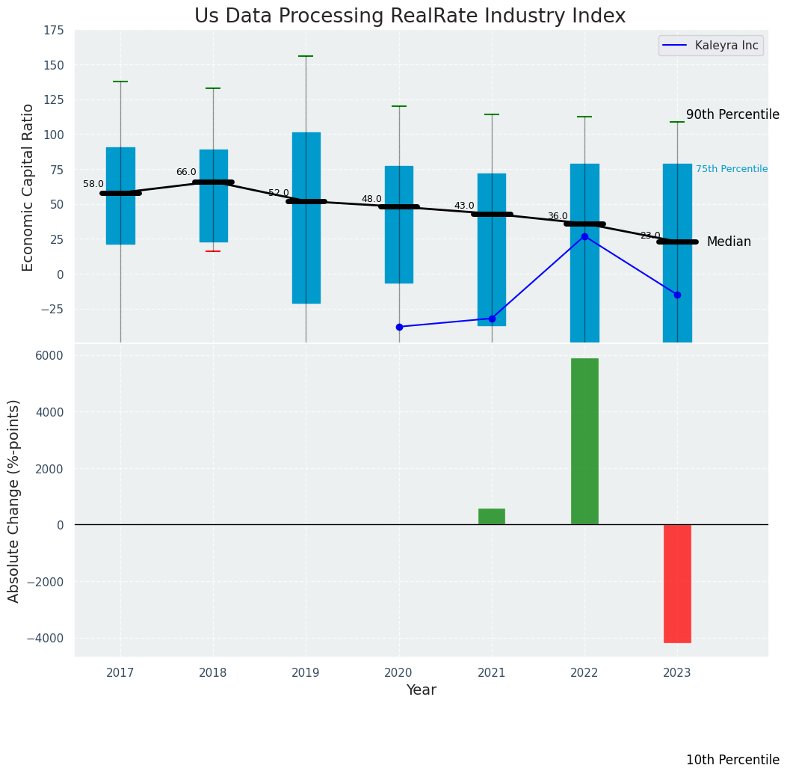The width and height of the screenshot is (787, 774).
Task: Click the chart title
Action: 410,16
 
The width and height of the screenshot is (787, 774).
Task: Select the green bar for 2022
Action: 584,441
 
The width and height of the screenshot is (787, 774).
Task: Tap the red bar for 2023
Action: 677,583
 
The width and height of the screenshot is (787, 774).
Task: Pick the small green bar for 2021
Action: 492,517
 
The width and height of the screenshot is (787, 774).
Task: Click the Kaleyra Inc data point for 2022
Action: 584,236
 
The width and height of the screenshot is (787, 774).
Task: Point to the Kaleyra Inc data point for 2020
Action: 399,327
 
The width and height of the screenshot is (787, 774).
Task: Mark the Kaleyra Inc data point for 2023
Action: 677,295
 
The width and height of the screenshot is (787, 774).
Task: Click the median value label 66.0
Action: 186,173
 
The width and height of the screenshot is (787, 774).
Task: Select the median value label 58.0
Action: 93,185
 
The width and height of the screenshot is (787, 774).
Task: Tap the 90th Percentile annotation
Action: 732,115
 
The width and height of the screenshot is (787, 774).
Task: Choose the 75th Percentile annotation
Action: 731,169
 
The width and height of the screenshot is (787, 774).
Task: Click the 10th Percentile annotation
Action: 732,760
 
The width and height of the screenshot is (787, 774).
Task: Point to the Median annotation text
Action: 729,242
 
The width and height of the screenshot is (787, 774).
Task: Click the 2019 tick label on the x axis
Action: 306,673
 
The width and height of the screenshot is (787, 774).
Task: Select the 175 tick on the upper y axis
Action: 53,31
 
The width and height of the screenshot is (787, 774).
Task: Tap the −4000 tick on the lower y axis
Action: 46,639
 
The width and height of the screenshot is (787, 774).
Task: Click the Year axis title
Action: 422,690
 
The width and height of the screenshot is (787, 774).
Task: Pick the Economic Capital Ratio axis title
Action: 28,187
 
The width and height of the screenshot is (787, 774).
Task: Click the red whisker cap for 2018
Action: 213,251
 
